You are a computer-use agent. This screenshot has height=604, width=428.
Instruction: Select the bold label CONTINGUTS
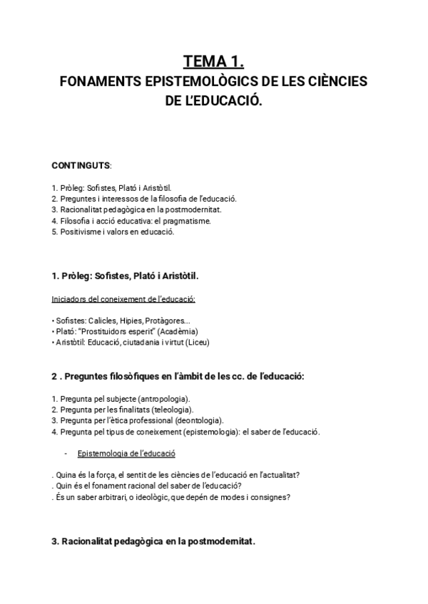81,165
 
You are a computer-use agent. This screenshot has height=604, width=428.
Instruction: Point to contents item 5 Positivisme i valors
113,231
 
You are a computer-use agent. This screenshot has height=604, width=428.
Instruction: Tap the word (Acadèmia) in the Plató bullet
178,332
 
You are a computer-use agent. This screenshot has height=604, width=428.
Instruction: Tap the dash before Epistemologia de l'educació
66,453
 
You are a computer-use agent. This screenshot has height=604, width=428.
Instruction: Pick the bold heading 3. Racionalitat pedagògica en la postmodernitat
153,541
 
